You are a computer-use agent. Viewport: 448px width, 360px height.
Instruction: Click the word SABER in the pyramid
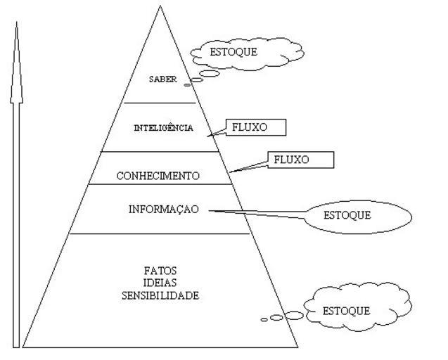tap(162, 79)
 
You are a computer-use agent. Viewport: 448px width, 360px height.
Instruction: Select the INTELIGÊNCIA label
tap(163, 128)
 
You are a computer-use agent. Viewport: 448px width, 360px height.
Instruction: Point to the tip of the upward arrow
tap(16, 24)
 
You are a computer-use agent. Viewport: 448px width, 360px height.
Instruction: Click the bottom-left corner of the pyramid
tap(24, 347)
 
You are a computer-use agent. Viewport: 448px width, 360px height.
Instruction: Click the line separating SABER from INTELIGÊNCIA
tap(162, 103)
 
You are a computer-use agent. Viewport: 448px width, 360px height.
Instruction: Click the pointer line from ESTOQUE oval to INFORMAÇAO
tap(260, 213)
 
